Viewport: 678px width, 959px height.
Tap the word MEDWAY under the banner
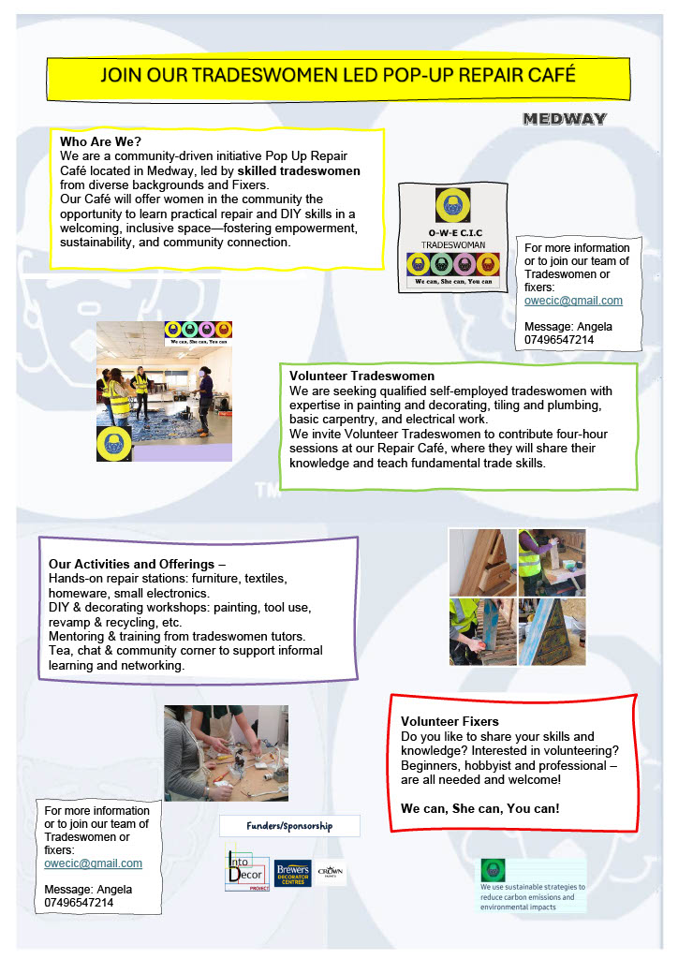565,119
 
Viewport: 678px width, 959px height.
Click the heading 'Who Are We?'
100,141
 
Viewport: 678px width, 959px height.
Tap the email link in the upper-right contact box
573,301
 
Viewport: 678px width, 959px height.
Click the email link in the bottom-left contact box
93,863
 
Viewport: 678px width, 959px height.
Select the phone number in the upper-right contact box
559,339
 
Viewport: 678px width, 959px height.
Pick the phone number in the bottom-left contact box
79,902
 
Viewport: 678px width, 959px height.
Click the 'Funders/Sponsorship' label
289,826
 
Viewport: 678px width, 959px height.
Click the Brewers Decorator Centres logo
293,875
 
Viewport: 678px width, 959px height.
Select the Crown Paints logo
331,873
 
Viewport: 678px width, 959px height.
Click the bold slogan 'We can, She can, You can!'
479,807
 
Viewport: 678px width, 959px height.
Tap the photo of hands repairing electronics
226,753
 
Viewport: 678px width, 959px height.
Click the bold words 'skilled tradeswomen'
299,170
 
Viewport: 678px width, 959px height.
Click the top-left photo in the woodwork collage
481,562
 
